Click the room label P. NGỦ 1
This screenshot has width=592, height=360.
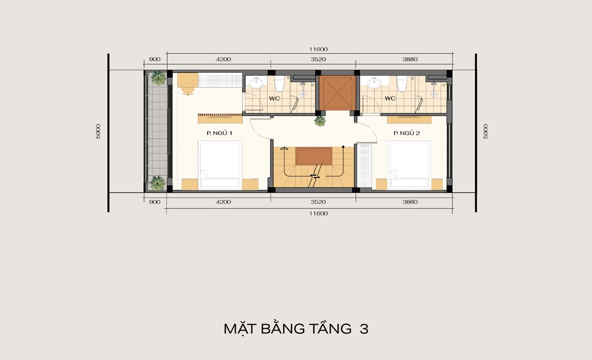click(x=219, y=133)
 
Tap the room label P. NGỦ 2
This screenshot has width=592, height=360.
click(x=406, y=133)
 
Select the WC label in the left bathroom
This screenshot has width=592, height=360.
click(x=275, y=98)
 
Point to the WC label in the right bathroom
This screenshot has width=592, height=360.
click(x=390, y=98)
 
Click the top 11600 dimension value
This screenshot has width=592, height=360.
click(x=319, y=49)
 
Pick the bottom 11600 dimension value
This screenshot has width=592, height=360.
click(x=319, y=214)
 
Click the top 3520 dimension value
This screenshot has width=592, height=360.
click(x=319, y=60)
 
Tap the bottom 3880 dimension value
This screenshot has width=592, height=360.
click(x=410, y=202)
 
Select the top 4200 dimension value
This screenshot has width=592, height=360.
click(x=224, y=60)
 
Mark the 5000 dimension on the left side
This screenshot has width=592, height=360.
click(x=98, y=131)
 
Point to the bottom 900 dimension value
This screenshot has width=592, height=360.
click(x=155, y=202)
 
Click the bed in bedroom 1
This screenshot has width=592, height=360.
click(x=220, y=165)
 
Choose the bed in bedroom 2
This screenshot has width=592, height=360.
click(x=410, y=165)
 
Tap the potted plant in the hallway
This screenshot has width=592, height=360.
click(x=320, y=121)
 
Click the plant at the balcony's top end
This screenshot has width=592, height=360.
click(x=158, y=78)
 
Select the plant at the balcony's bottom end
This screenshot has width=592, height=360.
click(x=158, y=183)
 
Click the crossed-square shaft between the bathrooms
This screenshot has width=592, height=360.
click(x=336, y=93)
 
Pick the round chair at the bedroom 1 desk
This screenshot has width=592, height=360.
click(x=187, y=90)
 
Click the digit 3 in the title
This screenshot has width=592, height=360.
click(x=364, y=329)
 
